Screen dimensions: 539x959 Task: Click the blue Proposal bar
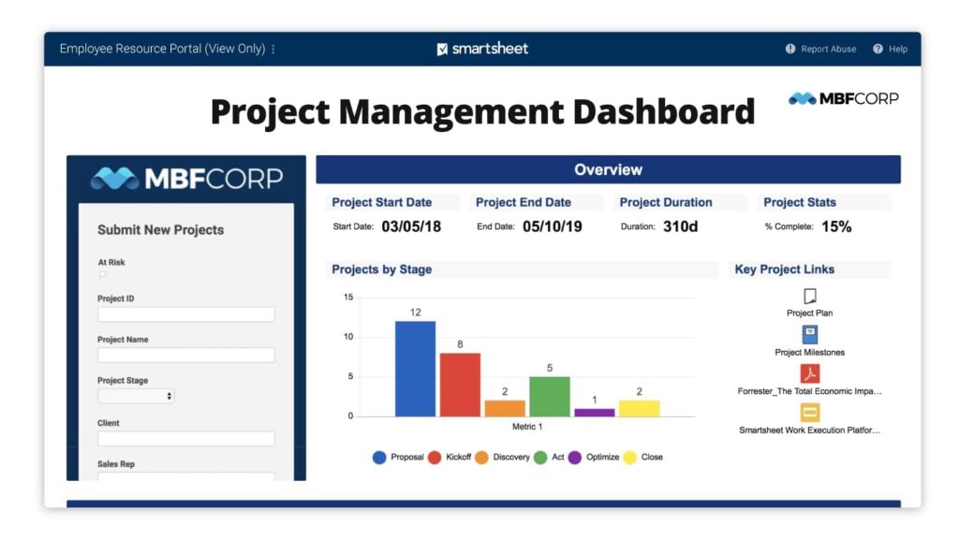[x=415, y=369]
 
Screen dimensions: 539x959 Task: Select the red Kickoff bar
[x=460, y=385]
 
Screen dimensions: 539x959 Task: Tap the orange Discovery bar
[x=505, y=408]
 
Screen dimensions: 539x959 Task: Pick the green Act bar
[x=550, y=396]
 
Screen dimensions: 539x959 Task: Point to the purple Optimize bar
[x=595, y=412]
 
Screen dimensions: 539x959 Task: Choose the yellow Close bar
[x=640, y=408]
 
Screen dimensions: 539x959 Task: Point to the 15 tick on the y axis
[x=348, y=298]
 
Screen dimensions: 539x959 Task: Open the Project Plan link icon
[x=810, y=296]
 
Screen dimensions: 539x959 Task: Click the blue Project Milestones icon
[x=810, y=334]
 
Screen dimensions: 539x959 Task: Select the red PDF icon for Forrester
[x=810, y=373]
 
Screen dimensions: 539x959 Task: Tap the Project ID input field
[x=185, y=314]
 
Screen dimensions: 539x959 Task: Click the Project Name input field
[x=185, y=356]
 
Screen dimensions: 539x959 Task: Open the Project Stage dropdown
[x=136, y=396]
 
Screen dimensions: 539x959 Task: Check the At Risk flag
[x=102, y=276]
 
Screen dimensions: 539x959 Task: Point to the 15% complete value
[x=836, y=226]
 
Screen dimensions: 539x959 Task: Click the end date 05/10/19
[x=553, y=226]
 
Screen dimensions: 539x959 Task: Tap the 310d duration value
[x=681, y=226]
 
